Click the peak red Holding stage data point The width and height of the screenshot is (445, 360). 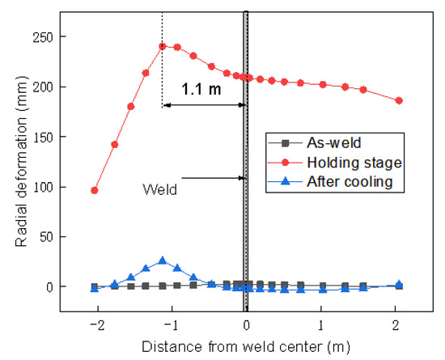(163, 46)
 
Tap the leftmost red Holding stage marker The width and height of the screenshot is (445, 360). (95, 190)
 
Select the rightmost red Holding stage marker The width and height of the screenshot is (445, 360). (398, 100)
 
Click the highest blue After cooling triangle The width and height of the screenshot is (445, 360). (163, 260)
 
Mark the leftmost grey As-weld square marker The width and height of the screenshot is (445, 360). (95, 286)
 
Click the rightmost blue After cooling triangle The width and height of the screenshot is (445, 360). (398, 285)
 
